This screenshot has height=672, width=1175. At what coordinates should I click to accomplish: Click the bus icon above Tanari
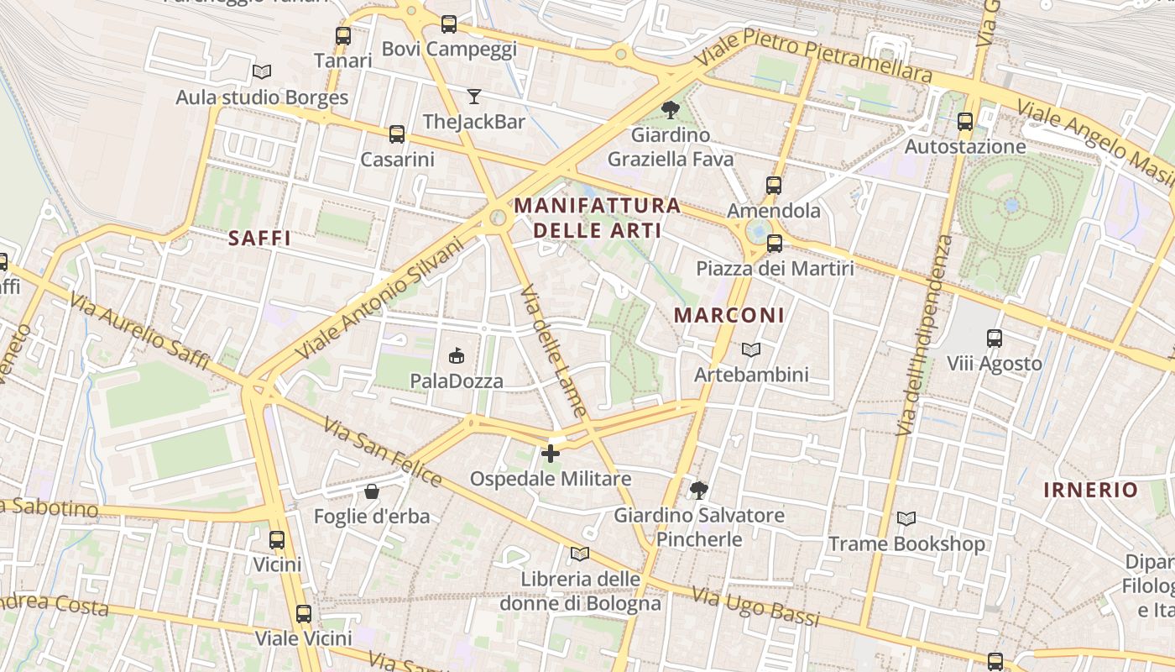click(342, 36)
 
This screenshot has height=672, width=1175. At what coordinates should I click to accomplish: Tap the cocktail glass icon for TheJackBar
click(474, 97)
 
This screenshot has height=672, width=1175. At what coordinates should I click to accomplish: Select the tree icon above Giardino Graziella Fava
click(670, 109)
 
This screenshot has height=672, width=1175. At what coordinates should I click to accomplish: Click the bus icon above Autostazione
click(965, 122)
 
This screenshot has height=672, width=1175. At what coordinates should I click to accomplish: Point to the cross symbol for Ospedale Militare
click(551, 454)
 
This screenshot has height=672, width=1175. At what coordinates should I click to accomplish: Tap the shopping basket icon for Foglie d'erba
click(372, 491)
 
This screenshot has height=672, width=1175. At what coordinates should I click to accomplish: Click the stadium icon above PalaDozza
click(457, 356)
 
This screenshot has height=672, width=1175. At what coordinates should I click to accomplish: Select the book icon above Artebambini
click(751, 349)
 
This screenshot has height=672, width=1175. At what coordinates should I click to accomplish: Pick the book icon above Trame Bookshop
click(906, 519)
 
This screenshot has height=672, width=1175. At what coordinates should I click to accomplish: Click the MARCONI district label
click(729, 316)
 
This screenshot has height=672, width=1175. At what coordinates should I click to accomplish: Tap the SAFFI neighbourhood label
click(259, 239)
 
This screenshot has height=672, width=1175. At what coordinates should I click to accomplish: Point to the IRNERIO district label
click(1091, 491)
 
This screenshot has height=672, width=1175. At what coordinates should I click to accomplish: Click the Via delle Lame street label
click(553, 351)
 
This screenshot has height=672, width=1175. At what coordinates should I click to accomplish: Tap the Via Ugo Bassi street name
click(755, 607)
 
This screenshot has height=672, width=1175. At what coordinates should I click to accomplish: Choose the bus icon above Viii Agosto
click(995, 339)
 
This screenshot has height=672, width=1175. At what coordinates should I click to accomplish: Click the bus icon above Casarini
click(396, 134)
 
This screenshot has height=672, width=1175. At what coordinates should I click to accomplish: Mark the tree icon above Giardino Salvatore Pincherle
click(698, 491)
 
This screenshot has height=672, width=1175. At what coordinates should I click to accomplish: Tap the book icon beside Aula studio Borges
click(262, 72)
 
